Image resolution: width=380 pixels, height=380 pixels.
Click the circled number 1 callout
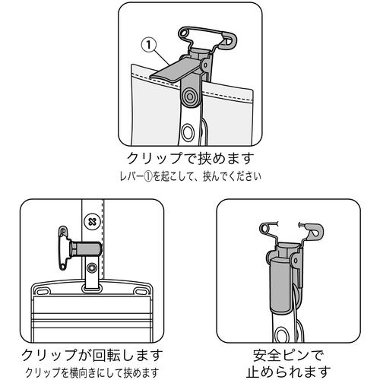149,45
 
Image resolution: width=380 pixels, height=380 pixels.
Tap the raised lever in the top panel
175,69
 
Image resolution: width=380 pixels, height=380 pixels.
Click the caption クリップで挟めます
190,158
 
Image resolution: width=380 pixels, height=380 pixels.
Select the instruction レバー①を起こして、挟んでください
190,176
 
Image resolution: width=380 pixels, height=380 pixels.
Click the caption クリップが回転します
92,356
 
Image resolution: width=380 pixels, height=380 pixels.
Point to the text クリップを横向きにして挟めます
92,372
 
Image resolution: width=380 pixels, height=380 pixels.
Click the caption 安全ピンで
288,356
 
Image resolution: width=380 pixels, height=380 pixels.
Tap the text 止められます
288,372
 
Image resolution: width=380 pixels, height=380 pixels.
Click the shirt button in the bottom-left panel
91,222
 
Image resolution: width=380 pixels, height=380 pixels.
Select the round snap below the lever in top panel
189,97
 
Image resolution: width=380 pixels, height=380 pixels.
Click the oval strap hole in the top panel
188,132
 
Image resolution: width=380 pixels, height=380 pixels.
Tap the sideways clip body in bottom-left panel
86,249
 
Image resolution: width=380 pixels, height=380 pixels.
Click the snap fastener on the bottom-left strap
91,268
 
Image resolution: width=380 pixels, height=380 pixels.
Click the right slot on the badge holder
141,291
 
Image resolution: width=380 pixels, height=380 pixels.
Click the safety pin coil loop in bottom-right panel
265,229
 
